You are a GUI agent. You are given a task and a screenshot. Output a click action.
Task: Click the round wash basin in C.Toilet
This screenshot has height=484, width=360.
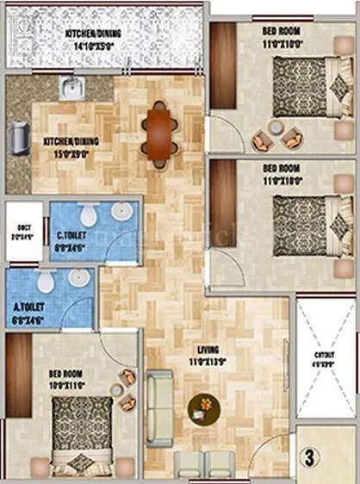pos(120,214)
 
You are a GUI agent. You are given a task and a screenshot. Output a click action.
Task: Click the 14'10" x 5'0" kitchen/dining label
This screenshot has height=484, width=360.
pos(108,35)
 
